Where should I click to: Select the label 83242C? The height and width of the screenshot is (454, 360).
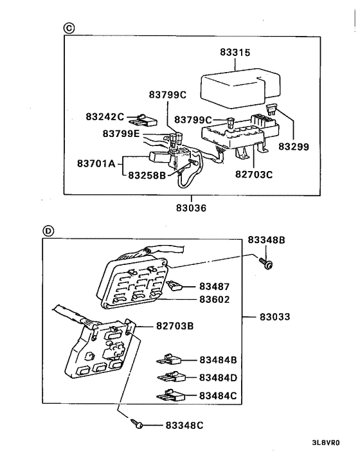[x=105, y=116]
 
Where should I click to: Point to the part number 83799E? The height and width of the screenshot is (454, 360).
[x=121, y=133]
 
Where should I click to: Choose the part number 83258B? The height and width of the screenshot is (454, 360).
[x=147, y=174]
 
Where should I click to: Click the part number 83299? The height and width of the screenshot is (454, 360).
[x=293, y=147]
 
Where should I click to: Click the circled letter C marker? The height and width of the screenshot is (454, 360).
[x=69, y=28]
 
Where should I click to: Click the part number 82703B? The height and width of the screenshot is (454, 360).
[x=174, y=326]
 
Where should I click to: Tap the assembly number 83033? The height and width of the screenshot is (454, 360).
[x=275, y=317]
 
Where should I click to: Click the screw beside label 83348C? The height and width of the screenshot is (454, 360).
[x=137, y=424]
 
